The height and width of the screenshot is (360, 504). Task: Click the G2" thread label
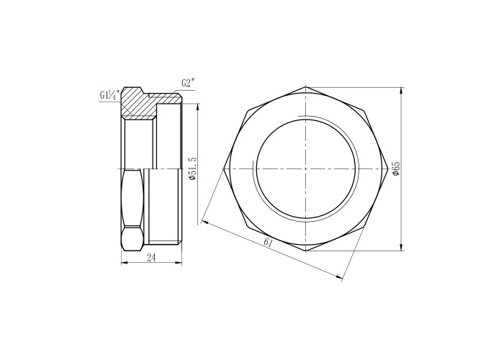tap(188, 84)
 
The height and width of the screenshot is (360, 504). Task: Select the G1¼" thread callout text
tap(109, 96)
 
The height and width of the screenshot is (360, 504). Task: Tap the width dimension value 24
tap(151, 258)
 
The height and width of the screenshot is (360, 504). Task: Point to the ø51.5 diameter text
tap(192, 168)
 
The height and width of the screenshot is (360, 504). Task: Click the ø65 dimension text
tap(396, 168)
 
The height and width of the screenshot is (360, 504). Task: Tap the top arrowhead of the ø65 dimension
tap(401, 90)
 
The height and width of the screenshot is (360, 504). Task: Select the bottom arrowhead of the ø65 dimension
tap(401, 248)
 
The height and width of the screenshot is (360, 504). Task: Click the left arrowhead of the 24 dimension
tap(124, 263)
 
